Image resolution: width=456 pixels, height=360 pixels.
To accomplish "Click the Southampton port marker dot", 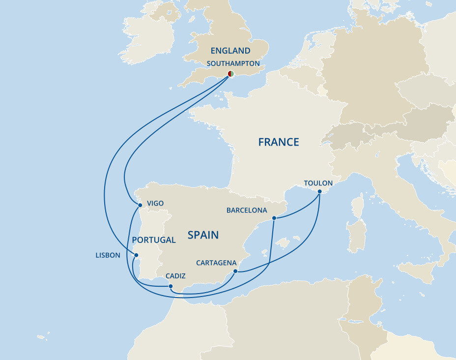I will (x=230, y=74).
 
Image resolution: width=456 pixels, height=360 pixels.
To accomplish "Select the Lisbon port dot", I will (x=136, y=255).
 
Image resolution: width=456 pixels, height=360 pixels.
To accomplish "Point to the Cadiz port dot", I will (x=170, y=286).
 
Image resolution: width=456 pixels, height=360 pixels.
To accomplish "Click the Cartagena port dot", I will (x=235, y=271).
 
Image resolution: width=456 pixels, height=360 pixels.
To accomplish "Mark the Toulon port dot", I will (x=319, y=191).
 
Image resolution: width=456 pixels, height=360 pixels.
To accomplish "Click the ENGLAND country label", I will (x=230, y=51).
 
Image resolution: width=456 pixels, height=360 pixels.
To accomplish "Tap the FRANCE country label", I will (x=279, y=142).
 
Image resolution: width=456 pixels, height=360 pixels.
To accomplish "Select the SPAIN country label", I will (x=203, y=235).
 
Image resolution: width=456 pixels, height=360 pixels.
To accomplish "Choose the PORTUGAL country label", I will (x=154, y=240).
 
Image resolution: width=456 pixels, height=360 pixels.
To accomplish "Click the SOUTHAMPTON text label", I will (x=233, y=63).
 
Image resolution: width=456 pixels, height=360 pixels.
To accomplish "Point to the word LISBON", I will (x=108, y=255).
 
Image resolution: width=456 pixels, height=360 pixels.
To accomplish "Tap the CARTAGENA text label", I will (x=216, y=263).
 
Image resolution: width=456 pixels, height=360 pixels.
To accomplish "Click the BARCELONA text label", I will (x=247, y=210).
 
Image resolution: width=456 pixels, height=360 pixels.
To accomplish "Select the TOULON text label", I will (x=318, y=183).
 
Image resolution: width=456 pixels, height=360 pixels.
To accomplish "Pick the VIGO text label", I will (x=155, y=203).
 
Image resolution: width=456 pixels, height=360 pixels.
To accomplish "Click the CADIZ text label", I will (x=175, y=276).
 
